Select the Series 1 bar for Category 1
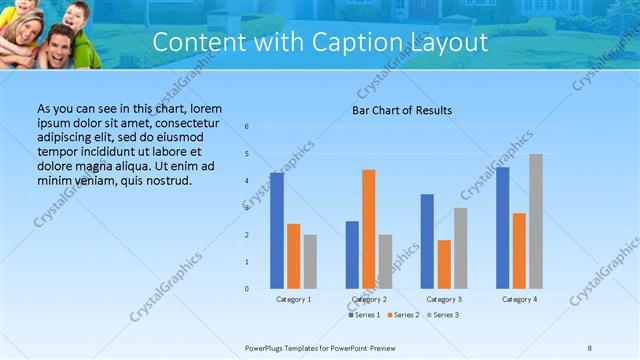pyautogui.click(x=277, y=230)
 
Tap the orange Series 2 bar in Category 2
pyautogui.click(x=368, y=229)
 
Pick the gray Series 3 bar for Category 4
pyautogui.click(x=536, y=221)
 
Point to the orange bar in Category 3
pyautogui.click(x=444, y=264)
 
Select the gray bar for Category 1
pyautogui.click(x=310, y=261)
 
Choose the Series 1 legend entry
pyautogui.click(x=365, y=315)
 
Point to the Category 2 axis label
pyautogui.click(x=370, y=299)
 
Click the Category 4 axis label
pyautogui.click(x=520, y=299)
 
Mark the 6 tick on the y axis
pyautogui.click(x=247, y=127)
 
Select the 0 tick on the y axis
pyautogui.click(x=247, y=289)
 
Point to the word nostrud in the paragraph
pyautogui.click(x=164, y=180)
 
